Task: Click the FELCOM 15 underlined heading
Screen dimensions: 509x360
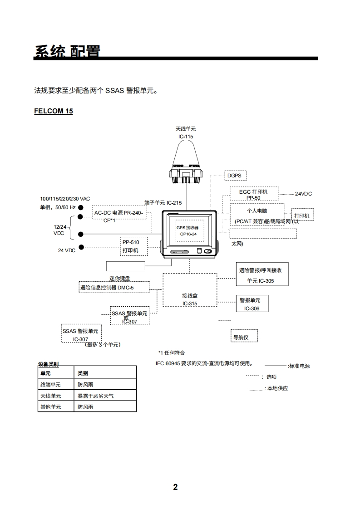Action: point(53,111)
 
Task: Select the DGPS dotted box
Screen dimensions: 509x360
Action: point(234,176)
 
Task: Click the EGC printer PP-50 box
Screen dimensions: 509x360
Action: point(253,195)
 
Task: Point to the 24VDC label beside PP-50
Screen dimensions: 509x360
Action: point(303,194)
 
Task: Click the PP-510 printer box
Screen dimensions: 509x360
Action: point(133,246)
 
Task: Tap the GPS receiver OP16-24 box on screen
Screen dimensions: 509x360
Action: point(187,230)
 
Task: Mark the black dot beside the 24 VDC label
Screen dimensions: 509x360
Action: point(81,247)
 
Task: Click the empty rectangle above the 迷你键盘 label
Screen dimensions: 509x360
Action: point(126,266)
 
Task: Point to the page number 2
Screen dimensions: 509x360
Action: point(176,487)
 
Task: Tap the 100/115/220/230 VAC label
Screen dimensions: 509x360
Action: point(65,199)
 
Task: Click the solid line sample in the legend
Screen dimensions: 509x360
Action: point(275,366)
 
